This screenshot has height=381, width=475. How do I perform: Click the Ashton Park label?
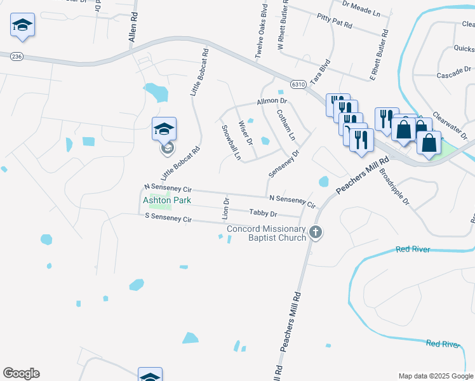click(x=167, y=200)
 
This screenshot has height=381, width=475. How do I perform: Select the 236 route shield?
click(x=17, y=57)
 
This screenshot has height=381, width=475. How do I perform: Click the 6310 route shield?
click(x=298, y=84)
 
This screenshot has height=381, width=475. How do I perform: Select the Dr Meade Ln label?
click(x=360, y=8)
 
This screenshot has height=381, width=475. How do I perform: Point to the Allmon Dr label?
click(x=272, y=101)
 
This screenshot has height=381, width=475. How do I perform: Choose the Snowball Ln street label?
click(x=231, y=142)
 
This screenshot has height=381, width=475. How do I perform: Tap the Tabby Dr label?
click(x=264, y=214)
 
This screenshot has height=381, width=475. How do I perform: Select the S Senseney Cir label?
click(x=168, y=218)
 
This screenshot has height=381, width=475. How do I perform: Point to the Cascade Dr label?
click(x=453, y=69)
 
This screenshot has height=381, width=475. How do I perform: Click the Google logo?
click(x=21, y=373)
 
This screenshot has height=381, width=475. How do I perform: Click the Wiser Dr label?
click(x=245, y=132)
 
